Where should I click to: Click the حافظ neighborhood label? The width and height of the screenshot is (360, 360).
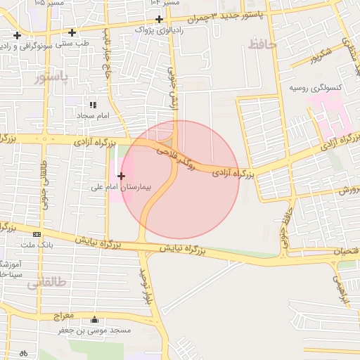pos(263,44)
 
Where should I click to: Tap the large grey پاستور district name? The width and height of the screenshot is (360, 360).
pos(51,77)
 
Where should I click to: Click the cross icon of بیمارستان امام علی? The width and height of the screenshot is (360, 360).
pos(122,176)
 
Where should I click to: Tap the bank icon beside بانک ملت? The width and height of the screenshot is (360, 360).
pos(37,234)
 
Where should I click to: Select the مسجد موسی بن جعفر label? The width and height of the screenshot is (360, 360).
pos(95,330)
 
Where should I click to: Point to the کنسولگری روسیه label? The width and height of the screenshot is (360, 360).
pos(315,89)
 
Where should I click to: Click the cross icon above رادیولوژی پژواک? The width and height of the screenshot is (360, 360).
pos(160,19)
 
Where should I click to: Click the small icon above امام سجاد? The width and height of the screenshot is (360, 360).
pos(92,104)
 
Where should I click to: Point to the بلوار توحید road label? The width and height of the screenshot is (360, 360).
pos(146,283)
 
